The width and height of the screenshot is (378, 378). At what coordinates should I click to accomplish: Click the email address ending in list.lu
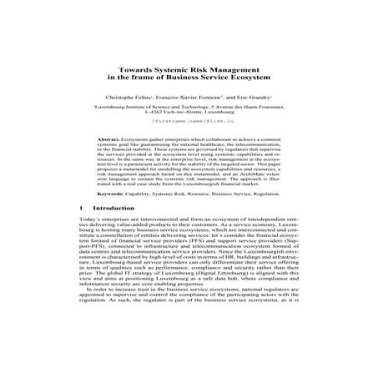pyautogui.click(x=190, y=122)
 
